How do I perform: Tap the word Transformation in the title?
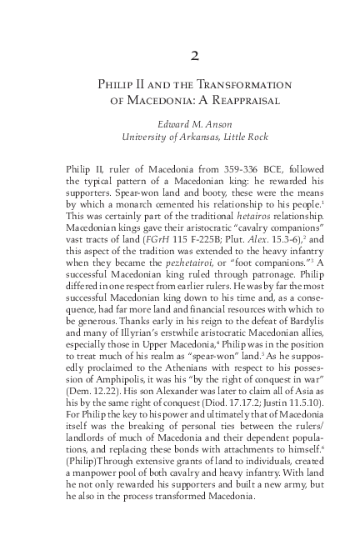pos(241,85)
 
